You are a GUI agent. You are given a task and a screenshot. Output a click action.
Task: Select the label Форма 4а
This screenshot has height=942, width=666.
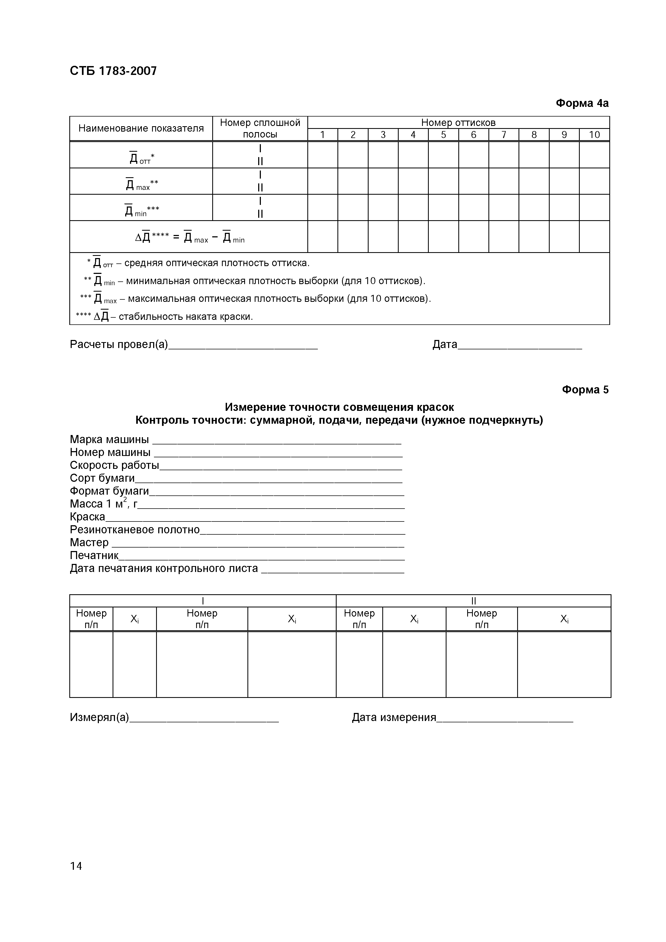click(582, 103)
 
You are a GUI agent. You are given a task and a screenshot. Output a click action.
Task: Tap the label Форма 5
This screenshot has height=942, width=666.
click(585, 389)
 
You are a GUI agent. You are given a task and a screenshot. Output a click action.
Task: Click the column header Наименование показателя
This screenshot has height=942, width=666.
click(141, 128)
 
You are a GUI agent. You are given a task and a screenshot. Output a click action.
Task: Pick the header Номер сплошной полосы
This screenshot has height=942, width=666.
click(260, 128)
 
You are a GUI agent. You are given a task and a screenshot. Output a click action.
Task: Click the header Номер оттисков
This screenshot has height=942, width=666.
click(458, 122)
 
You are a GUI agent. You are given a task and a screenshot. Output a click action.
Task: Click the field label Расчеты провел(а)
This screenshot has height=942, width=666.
click(119, 344)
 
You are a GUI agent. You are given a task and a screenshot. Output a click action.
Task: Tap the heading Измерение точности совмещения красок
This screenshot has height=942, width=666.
click(339, 407)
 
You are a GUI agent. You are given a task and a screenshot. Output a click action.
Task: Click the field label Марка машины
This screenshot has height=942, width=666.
click(109, 439)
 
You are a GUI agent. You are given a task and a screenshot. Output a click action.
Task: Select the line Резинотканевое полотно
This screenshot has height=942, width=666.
click(135, 529)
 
